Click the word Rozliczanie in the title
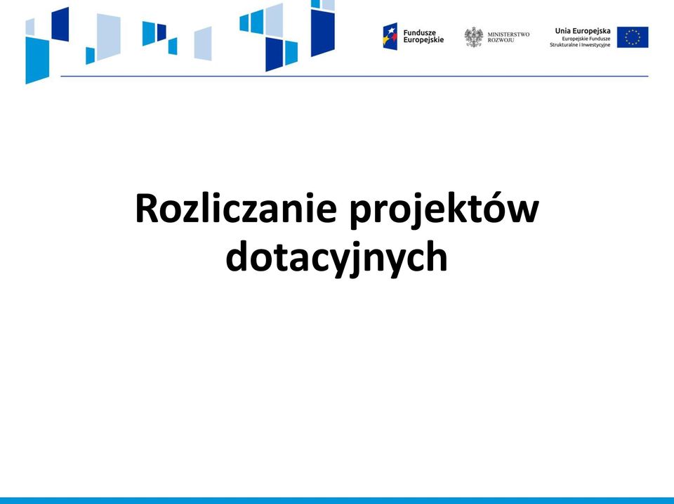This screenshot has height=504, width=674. (236, 208)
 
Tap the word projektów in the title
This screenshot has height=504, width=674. (444, 210)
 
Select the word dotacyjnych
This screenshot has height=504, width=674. (336, 257)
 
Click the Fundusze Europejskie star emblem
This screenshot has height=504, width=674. (390, 36)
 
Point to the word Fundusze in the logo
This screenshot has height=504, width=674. (420, 33)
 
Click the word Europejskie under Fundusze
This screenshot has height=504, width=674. (423, 40)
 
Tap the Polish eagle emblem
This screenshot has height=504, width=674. (474, 37)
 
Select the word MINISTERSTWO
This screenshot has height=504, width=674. (508, 34)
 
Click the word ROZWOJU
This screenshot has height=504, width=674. (501, 41)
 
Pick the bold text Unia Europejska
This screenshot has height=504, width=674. (583, 31)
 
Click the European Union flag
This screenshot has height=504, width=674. (633, 37)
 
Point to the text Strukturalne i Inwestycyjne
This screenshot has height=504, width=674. (580, 45)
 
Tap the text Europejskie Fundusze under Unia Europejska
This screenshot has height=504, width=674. (586, 39)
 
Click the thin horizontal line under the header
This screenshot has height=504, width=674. (354, 76)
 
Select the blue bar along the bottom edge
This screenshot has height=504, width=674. (337, 500)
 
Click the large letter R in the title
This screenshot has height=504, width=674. (146, 208)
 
